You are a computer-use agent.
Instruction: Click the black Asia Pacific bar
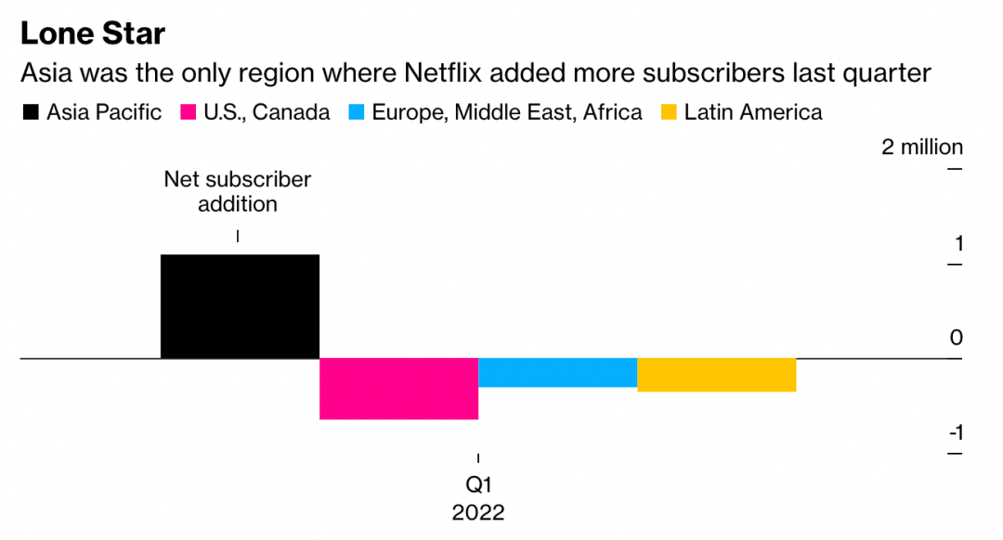(x=240, y=305)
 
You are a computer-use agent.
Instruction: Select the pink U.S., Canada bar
(x=398, y=389)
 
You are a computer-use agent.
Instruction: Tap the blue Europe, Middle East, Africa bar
(x=557, y=372)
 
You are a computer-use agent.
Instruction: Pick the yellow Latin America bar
(x=716, y=375)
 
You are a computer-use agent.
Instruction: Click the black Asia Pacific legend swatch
(x=30, y=113)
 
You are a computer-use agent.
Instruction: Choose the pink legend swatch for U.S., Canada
(x=188, y=113)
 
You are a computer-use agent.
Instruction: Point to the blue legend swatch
(x=355, y=113)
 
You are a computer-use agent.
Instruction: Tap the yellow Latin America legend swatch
(x=668, y=113)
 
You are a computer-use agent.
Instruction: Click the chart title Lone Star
(x=93, y=34)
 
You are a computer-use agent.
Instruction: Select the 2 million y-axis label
(x=922, y=148)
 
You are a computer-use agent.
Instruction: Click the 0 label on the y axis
(x=957, y=338)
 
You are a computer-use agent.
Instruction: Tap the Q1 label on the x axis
(x=478, y=485)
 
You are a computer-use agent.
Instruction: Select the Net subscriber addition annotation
(x=238, y=191)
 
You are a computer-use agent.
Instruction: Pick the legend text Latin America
(x=753, y=113)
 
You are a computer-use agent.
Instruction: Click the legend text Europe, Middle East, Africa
(x=507, y=113)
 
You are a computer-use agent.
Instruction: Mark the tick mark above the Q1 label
(x=478, y=458)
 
